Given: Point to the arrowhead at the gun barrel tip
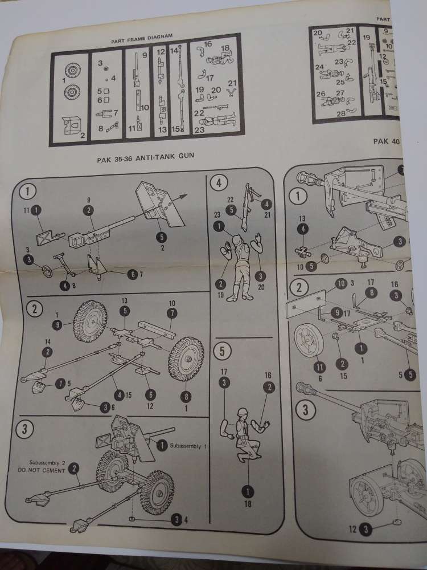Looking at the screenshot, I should tap(184, 196).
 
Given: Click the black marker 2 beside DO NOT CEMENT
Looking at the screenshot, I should tap(73, 468).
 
